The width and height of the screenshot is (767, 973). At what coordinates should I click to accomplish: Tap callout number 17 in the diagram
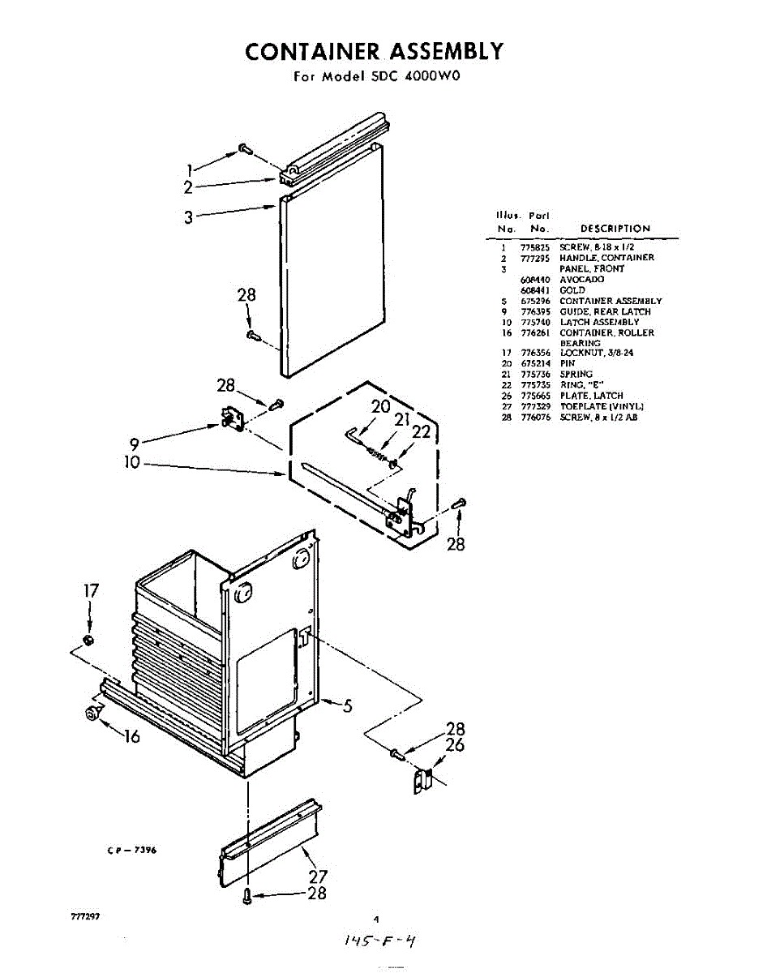(91, 592)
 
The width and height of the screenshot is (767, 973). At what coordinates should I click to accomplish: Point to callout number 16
(131, 736)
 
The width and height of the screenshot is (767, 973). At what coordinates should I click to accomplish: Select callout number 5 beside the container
(347, 706)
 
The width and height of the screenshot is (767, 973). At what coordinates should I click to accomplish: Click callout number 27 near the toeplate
(318, 877)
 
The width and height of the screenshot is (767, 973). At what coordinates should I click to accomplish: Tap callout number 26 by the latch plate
(455, 744)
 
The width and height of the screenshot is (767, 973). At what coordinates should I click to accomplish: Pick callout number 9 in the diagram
(135, 444)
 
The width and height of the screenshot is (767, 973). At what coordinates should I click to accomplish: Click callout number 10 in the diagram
(131, 463)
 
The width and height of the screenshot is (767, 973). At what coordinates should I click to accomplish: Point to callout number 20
(381, 407)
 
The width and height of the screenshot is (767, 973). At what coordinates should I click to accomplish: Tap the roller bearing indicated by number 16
(92, 714)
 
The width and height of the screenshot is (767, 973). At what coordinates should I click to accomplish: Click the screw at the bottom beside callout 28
(247, 895)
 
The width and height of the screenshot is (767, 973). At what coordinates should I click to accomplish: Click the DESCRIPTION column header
(615, 229)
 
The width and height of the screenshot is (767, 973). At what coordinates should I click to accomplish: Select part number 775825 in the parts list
(535, 246)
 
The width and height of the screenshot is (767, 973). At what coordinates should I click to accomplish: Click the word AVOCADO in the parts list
(581, 279)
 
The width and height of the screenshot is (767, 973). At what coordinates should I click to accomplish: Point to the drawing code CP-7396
(131, 850)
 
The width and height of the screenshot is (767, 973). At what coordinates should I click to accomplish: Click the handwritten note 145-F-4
(380, 941)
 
